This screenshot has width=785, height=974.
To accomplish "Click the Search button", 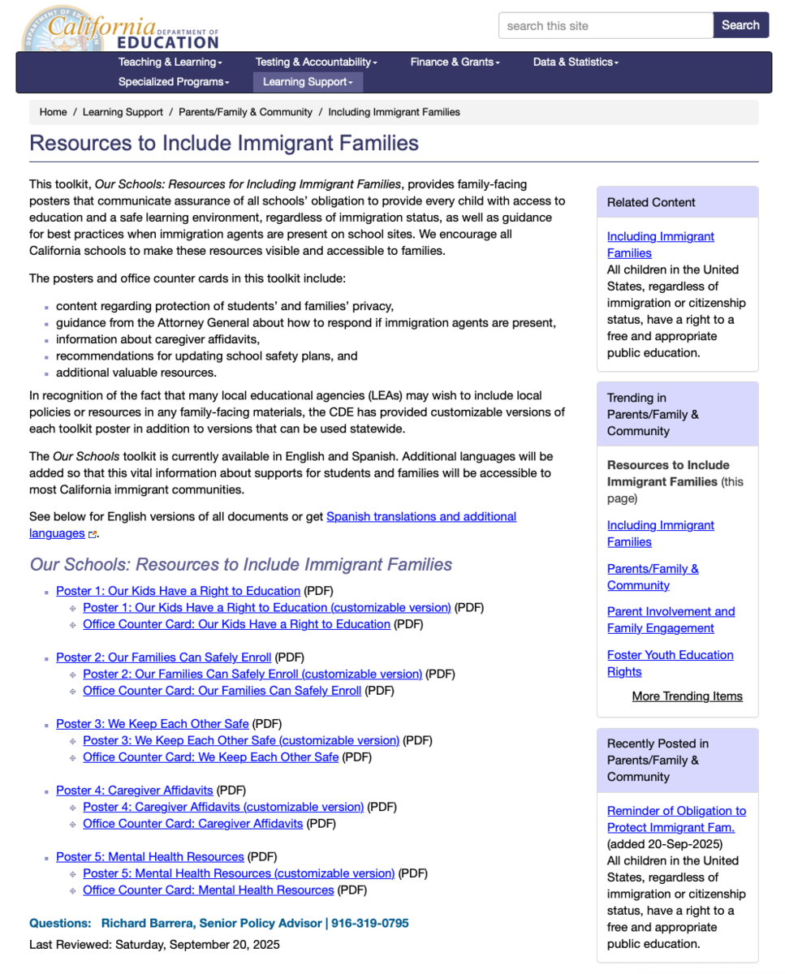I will tap(740, 25).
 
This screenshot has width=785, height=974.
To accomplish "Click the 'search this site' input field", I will tap(605, 26).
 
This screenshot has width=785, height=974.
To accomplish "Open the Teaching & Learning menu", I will tap(170, 62).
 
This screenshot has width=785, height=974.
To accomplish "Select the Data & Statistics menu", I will tap(575, 62).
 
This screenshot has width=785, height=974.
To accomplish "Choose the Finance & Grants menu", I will tap(455, 62).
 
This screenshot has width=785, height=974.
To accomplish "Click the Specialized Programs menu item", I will tap(174, 82).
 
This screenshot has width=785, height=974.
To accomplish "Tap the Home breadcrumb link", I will tap(53, 112).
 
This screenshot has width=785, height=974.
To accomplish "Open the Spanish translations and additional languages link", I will tap(421, 517).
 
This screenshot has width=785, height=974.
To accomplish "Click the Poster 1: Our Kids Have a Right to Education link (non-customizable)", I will tap(178, 591).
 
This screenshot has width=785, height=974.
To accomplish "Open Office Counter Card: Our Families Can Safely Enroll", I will tap(222, 691).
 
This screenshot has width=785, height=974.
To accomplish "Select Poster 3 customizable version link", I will tap(241, 740).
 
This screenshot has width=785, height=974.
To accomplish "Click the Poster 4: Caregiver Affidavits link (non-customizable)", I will tap(134, 791).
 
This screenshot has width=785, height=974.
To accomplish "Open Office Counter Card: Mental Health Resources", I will tap(208, 890).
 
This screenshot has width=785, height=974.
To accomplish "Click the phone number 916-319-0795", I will tap(369, 924).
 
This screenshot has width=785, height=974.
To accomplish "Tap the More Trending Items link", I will tap(687, 696).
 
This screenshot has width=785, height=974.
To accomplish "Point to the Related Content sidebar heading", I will tap(651, 203).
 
